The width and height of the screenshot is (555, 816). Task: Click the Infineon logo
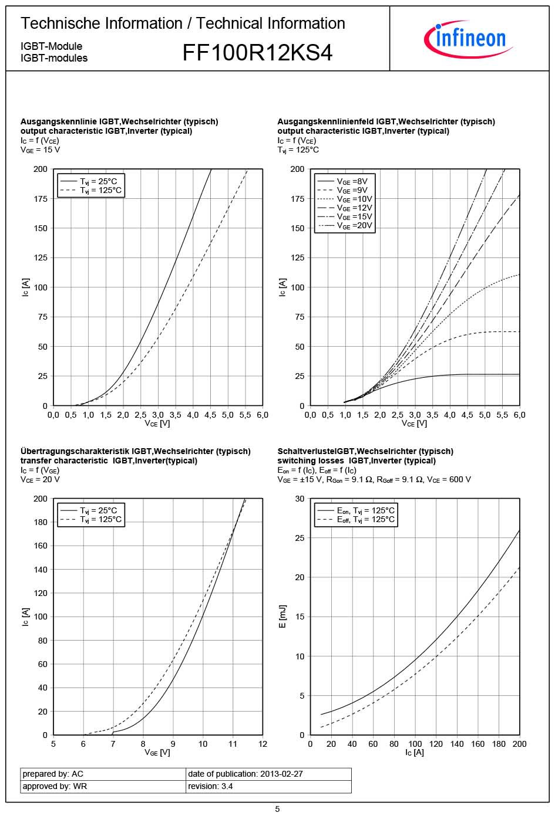[468, 39]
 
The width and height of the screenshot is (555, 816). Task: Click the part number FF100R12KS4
[257, 53]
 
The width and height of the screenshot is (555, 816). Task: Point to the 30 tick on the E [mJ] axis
[300, 499]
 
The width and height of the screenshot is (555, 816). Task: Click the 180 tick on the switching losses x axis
[499, 744]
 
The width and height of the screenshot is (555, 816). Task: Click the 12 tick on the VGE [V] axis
[263, 744]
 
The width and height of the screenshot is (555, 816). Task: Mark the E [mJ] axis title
[282, 617]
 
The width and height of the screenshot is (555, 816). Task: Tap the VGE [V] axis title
[157, 753]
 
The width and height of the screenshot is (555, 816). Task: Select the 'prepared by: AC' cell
[53, 774]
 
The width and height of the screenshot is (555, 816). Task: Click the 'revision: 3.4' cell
[210, 786]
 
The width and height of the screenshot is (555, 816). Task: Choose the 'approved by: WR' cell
[55, 786]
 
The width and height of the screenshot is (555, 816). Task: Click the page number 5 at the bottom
[277, 809]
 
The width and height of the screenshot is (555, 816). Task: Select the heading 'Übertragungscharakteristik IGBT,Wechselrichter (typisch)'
[136, 451]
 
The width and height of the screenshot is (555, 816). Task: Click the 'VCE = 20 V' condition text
[40, 479]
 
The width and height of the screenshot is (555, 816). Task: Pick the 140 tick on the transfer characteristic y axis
[41, 569]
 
